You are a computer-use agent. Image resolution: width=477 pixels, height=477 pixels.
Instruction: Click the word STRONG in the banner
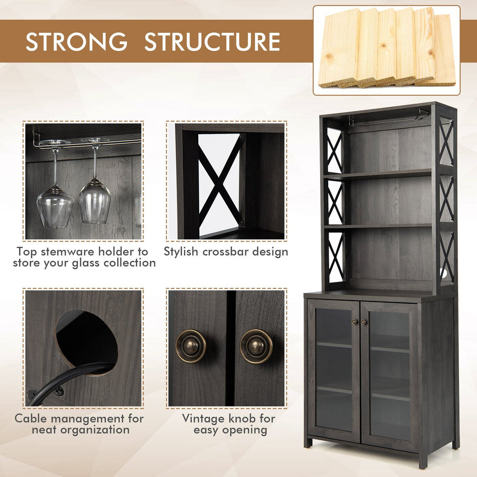[76, 41]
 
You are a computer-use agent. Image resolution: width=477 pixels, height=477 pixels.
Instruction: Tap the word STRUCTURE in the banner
[212, 41]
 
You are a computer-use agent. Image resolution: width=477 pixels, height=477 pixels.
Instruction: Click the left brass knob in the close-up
[191, 346]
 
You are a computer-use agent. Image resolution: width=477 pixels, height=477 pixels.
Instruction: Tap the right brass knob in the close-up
[256, 346]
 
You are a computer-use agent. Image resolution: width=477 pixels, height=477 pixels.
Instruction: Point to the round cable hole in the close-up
[87, 342]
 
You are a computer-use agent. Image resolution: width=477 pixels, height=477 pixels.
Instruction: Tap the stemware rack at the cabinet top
[390, 119]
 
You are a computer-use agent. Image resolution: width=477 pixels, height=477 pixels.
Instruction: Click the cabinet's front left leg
[308, 443]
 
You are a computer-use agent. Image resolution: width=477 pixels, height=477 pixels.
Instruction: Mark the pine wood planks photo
[387, 50]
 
